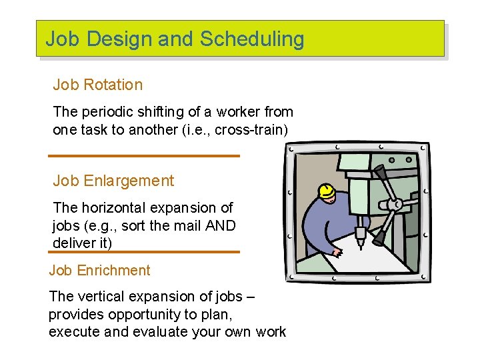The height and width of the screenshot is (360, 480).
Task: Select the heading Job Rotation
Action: pos(97,85)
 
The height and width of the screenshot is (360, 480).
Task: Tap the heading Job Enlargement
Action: pos(113,181)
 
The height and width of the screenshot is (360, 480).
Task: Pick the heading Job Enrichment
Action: pos(99,270)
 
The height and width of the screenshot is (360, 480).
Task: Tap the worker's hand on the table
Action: pos(337,252)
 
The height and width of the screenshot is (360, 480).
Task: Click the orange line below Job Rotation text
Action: pos(143,156)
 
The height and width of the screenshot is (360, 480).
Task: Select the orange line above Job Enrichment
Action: pos(143,252)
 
